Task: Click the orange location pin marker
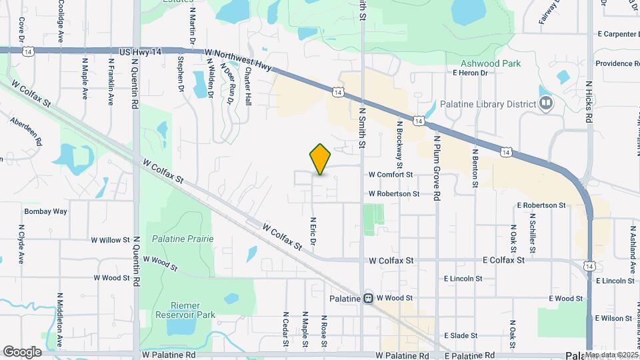[x=321, y=159]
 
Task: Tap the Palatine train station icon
[x=368, y=298]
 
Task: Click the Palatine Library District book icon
[x=546, y=103]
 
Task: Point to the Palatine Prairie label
[x=182, y=238]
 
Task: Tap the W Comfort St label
[x=391, y=175]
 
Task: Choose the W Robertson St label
[x=394, y=194]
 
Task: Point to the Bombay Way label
[x=45, y=211]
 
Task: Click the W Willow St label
[x=110, y=239]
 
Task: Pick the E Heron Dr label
[x=469, y=73]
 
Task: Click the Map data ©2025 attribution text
[x=611, y=355]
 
